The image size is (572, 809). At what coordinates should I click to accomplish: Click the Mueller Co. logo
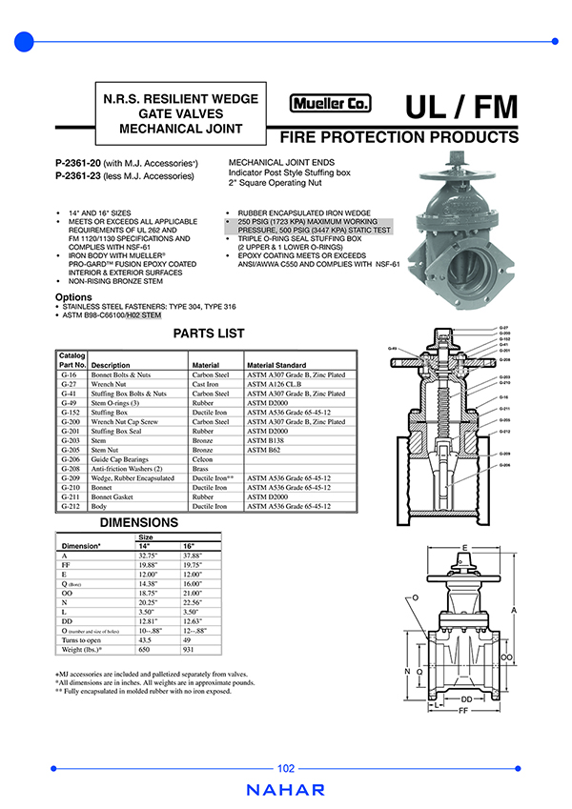click(x=331, y=105)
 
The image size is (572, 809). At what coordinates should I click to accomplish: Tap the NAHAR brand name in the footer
click(x=286, y=790)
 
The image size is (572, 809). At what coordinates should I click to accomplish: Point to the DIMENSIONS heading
click(x=139, y=523)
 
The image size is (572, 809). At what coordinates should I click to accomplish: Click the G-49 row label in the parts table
click(x=69, y=403)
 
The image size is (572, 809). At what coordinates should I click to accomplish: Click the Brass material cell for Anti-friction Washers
click(x=200, y=469)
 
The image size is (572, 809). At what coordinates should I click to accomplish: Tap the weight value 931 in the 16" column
click(x=190, y=649)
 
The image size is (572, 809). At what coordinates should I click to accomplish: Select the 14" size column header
click(x=145, y=545)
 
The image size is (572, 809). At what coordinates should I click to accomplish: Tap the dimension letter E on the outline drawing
click(x=464, y=548)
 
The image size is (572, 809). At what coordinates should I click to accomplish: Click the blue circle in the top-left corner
click(x=25, y=41)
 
